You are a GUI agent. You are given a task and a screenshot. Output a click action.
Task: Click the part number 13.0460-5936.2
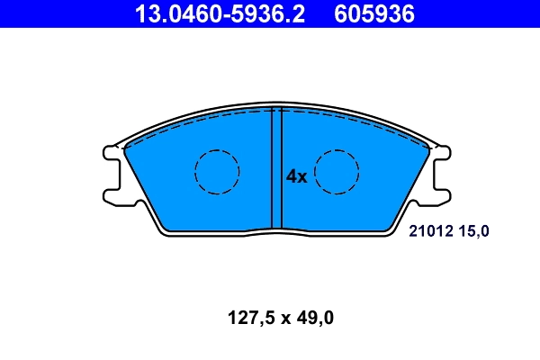[x=221, y=13]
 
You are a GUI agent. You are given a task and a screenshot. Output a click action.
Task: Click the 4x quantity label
[x=296, y=177]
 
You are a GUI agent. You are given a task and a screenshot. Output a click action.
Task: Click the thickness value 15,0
[x=475, y=231]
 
